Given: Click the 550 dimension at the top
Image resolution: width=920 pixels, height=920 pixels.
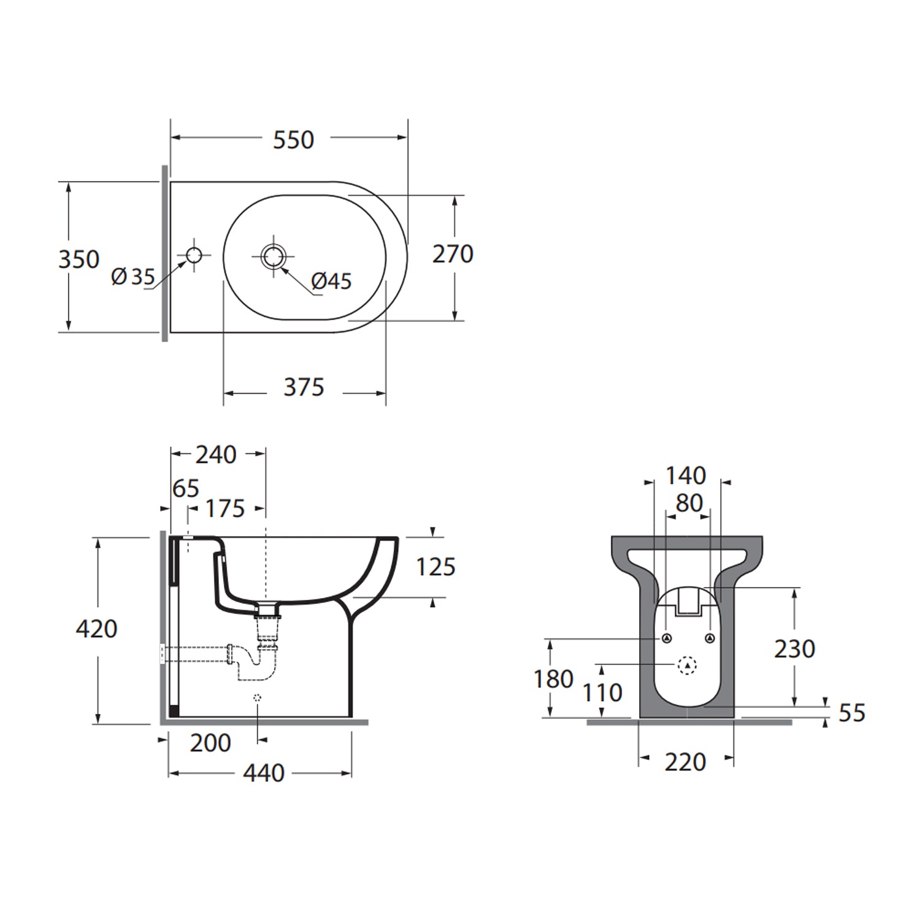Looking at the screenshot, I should click(x=293, y=140).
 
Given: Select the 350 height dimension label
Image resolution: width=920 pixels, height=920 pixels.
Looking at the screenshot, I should click(x=79, y=259).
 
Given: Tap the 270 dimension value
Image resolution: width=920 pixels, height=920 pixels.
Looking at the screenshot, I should click(x=453, y=254).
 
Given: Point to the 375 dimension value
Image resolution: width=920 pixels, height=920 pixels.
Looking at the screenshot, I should click(x=304, y=388).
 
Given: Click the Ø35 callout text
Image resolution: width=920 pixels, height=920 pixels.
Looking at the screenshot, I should click(x=133, y=277).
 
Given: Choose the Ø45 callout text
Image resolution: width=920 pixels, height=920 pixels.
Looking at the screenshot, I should click(x=331, y=282).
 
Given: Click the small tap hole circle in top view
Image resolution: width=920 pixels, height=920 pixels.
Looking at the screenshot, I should click(x=194, y=255).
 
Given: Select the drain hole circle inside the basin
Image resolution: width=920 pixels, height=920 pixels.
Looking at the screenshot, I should click(x=273, y=255).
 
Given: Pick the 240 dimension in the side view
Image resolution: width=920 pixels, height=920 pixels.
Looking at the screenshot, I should click(x=216, y=455).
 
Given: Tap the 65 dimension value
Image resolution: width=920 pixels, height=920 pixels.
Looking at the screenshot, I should click(x=185, y=489).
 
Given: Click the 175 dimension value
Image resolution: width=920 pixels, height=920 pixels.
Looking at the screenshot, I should click(x=225, y=509).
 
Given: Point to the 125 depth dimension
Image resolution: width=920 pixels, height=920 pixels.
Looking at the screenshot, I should click(x=435, y=567).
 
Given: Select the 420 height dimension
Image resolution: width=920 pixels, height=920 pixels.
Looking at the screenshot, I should click(x=96, y=629).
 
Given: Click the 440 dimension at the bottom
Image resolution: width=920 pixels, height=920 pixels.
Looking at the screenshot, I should click(x=263, y=773).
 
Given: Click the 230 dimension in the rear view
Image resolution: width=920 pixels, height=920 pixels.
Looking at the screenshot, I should click(x=794, y=649).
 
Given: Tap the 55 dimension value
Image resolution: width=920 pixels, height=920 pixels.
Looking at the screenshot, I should click(x=851, y=713).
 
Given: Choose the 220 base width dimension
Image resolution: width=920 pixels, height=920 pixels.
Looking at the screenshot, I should click(x=685, y=762).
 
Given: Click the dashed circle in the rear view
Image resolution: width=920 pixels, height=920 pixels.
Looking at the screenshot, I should click(x=688, y=664).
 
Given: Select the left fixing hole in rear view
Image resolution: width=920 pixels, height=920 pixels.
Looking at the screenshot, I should click(x=667, y=638).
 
